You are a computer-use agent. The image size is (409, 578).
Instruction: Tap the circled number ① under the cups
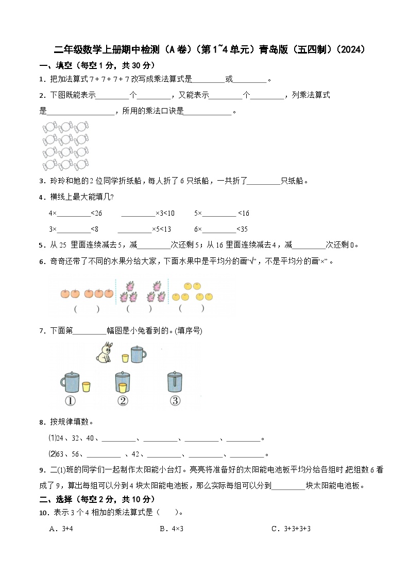(71, 400)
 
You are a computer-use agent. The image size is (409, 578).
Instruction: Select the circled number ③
(175, 400)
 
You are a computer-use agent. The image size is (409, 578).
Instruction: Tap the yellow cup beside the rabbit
(125, 358)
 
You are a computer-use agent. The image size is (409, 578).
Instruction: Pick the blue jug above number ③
(175, 382)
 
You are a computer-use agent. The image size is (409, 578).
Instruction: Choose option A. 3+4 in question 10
(61, 529)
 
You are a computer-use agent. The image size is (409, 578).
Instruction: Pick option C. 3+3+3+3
(291, 529)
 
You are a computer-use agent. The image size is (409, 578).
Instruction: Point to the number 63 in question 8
(60, 454)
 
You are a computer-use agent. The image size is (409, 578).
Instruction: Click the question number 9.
(42, 470)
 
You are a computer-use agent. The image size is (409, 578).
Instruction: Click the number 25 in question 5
(64, 246)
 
